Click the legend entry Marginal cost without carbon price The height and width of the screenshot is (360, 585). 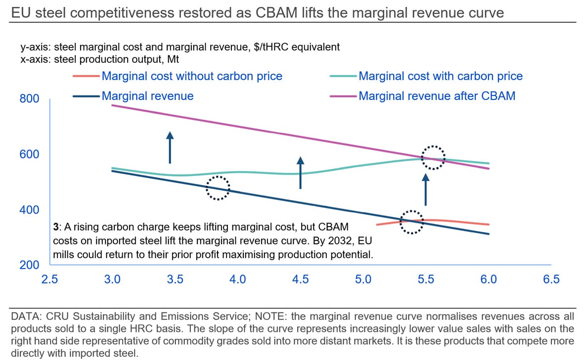(192, 76)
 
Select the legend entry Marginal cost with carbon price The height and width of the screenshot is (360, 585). (440, 76)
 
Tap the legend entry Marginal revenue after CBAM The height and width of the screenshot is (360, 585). (437, 95)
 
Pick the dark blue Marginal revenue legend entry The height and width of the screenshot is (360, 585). (147, 95)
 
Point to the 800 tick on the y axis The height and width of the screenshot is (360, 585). (29, 99)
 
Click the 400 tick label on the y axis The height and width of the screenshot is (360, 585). (29, 210)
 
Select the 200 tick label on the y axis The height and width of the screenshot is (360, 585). (29, 266)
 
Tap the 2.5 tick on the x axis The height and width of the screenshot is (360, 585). (49, 279)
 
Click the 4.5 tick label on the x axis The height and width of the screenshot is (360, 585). (300, 279)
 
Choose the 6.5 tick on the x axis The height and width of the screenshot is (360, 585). (551, 279)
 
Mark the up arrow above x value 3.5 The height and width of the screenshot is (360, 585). (170, 147)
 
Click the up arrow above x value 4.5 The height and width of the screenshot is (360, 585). (300, 173)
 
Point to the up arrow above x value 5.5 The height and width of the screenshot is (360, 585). (426, 189)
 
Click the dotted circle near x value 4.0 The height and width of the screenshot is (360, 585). (218, 188)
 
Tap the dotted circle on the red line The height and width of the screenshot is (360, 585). (411, 222)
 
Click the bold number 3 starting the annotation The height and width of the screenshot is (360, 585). (56, 227)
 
